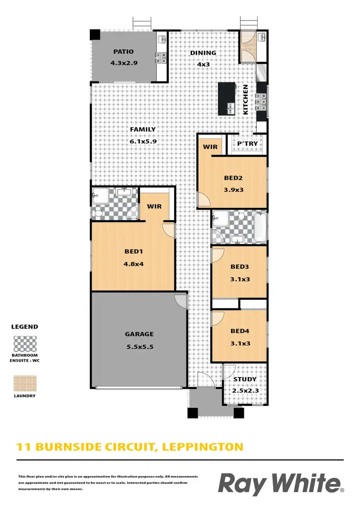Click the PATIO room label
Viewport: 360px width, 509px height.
[x=123, y=52]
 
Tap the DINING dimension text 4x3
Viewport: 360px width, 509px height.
[x=203, y=64]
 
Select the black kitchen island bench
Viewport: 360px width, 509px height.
[x=227, y=98]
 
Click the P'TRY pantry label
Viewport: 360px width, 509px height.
[x=248, y=143]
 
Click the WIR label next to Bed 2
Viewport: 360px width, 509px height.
[x=210, y=146]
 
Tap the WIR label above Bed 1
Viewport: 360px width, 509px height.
[x=154, y=206]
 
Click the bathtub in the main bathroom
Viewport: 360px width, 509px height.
[x=259, y=227]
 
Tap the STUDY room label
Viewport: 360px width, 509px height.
[x=245, y=379]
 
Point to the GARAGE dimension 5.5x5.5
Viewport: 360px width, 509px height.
[x=139, y=346]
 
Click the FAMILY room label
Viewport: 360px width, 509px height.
[x=143, y=130]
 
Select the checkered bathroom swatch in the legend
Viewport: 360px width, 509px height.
[x=25, y=344]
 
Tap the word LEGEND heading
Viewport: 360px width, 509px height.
[x=24, y=327]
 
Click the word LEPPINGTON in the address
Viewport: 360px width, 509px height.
[x=203, y=448]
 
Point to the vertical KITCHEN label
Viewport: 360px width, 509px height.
[x=246, y=99]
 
